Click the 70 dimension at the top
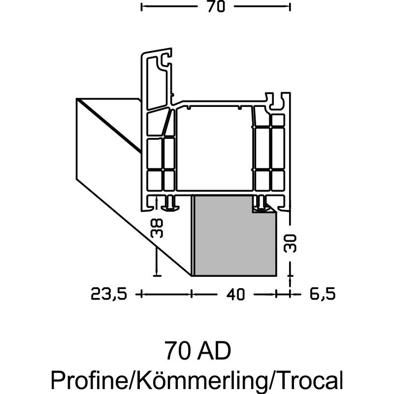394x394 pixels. point(216,7)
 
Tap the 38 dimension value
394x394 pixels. point(156,228)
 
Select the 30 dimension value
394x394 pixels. point(290,243)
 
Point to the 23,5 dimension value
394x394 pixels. point(108,294)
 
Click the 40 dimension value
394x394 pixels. point(235,294)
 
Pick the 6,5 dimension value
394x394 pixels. point(323,294)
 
